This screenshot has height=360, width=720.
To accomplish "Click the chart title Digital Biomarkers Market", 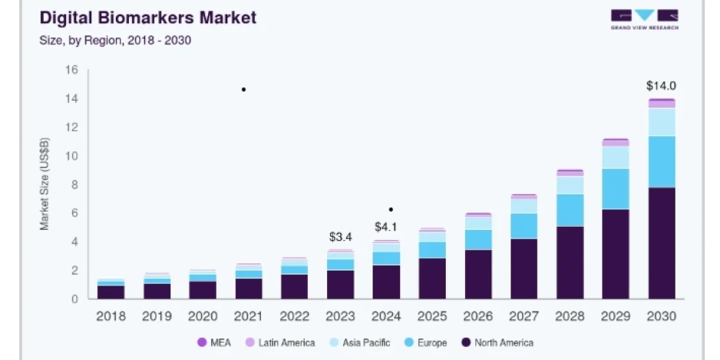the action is tap(148, 17).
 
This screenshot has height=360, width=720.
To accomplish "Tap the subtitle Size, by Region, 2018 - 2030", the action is tap(115, 41).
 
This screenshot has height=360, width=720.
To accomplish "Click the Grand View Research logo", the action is tap(644, 19).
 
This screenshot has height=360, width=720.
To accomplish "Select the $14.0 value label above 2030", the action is tap(661, 86).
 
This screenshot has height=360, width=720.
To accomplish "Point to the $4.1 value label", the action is tap(386, 227).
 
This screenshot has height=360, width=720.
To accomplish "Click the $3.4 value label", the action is tap(340, 237).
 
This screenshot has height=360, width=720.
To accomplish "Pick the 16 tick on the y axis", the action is tap(71, 70).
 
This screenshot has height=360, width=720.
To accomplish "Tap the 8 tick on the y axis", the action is tap(74, 185).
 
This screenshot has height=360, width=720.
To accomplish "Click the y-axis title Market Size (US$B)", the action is tap(44, 184).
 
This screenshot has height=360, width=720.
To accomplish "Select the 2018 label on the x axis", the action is tap(111, 316).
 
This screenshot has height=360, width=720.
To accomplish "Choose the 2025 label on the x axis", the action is tap(432, 316).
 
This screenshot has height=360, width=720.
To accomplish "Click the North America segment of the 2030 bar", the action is tap(662, 244).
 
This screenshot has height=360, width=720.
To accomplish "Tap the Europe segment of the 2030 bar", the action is tap(662, 162).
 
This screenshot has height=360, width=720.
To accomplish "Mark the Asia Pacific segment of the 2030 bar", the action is tap(662, 122).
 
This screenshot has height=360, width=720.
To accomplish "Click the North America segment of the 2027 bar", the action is tap(524, 269).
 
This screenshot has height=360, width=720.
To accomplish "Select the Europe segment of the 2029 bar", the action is tap(616, 189).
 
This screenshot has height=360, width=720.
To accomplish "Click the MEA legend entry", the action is tap(214, 343).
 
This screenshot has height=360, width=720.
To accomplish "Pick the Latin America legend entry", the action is tap(280, 343).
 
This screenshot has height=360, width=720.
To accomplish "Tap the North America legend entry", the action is tap(497, 343).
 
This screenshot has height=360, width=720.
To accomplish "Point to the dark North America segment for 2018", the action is tap(111, 292).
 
